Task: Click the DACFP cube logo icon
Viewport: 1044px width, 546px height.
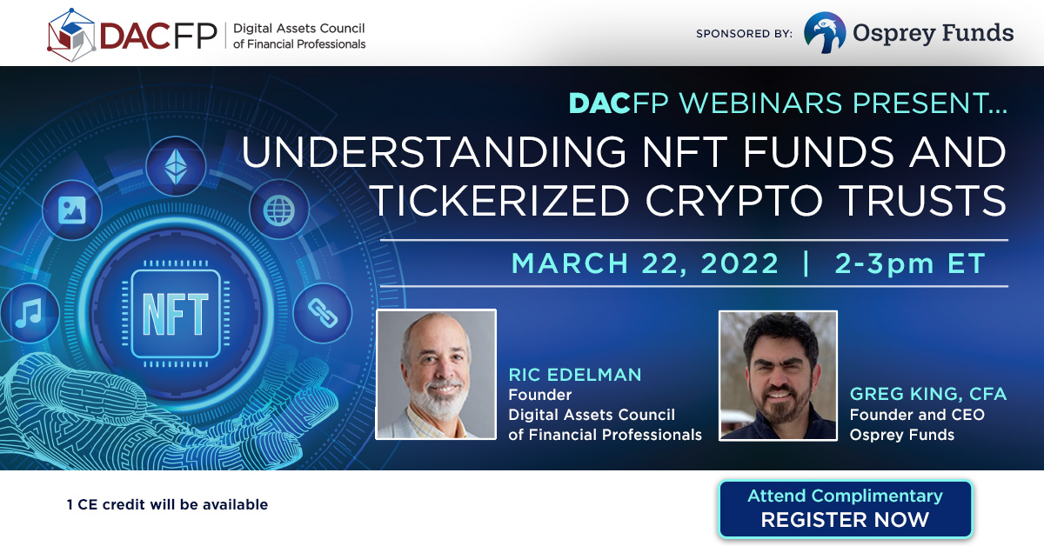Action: [x=71, y=35]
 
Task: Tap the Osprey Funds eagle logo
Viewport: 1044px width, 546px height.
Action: [x=825, y=33]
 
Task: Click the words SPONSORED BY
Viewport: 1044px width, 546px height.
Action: [x=744, y=34]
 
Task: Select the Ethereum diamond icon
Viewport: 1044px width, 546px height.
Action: [x=176, y=166]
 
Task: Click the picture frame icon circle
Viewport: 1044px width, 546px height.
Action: [x=71, y=210]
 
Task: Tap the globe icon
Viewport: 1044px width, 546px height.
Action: [x=278, y=210]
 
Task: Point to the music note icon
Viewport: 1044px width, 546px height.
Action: [x=30, y=313]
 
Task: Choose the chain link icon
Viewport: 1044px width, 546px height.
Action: [x=323, y=313]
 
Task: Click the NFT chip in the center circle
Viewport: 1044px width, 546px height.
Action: [x=176, y=314]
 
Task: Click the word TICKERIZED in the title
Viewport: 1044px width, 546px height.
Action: [x=500, y=201]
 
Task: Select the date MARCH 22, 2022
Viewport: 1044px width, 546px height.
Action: [x=645, y=263]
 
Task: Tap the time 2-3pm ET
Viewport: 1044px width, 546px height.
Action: [x=910, y=263]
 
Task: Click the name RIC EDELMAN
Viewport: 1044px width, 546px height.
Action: [x=575, y=375]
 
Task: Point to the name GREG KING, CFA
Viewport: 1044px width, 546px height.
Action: [x=928, y=394]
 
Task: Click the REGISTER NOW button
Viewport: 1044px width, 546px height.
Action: [x=845, y=509]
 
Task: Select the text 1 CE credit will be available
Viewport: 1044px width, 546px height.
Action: [x=167, y=504]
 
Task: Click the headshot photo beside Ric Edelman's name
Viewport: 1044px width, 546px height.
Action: [x=436, y=375]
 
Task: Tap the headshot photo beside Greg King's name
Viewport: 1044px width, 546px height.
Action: [x=778, y=376]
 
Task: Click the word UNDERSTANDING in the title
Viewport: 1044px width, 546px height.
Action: [x=433, y=152]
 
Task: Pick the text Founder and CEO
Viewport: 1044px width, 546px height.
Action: [x=917, y=415]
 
